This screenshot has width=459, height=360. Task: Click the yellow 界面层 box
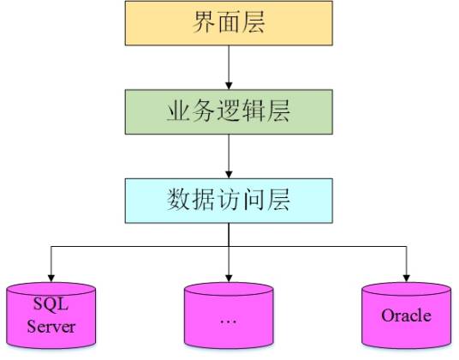(228, 23)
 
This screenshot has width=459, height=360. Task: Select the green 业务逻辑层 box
(228, 111)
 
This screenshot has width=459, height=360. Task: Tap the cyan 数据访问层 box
(228, 201)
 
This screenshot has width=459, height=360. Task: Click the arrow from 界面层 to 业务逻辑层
(228, 67)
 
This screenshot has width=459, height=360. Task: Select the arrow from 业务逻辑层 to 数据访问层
(228, 156)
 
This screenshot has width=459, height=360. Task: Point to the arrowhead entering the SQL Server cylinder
(51, 273)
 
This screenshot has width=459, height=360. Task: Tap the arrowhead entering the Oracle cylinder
(406, 273)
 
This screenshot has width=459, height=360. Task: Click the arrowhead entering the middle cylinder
(228, 273)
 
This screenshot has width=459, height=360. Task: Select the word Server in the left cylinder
(51, 326)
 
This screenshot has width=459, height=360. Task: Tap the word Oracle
(406, 315)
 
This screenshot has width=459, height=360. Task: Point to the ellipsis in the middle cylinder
(228, 320)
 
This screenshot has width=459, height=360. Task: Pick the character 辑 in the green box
(254, 111)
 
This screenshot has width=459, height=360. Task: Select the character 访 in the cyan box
(228, 201)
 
